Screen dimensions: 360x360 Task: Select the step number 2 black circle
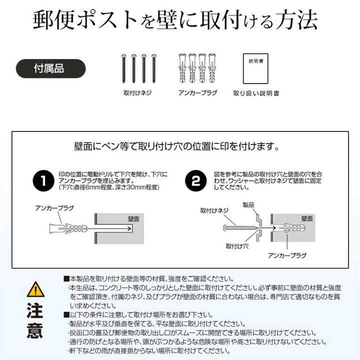coord(198,181)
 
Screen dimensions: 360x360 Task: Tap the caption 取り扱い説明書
coord(256,93)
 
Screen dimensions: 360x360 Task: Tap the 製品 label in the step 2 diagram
coord(248,205)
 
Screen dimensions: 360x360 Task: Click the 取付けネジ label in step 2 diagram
coord(213,210)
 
